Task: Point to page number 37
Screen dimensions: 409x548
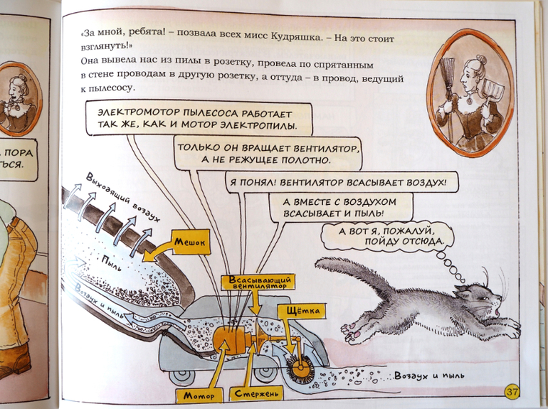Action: [512, 392]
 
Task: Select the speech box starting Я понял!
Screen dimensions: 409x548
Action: [338, 182]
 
